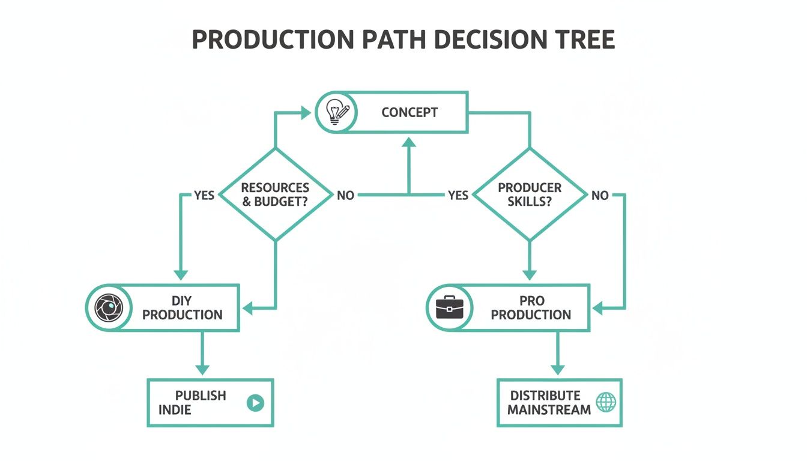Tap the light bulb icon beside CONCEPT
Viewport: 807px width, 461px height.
pyautogui.click(x=337, y=112)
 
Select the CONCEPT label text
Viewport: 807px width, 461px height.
pyautogui.click(x=410, y=112)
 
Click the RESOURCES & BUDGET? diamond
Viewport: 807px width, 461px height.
pyautogui.click(x=276, y=195)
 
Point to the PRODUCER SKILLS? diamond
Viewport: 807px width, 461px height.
pyautogui.click(x=529, y=195)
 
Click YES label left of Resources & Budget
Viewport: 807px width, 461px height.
pyautogui.click(x=204, y=196)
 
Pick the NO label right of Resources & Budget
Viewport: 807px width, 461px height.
pyautogui.click(x=345, y=196)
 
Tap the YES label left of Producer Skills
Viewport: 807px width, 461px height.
pyautogui.click(x=458, y=196)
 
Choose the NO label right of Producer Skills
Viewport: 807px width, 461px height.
pyautogui.click(x=600, y=196)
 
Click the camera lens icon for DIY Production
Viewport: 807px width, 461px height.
pyautogui.click(x=109, y=308)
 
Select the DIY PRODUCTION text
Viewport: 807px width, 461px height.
pyautogui.click(x=183, y=308)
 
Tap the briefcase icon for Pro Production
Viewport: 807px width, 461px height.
pyautogui.click(x=449, y=308)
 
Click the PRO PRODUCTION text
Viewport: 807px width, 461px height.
pyautogui.click(x=531, y=308)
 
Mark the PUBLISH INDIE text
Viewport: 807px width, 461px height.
pyautogui.click(x=192, y=403)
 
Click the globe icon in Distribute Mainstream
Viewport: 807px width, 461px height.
pyautogui.click(x=605, y=402)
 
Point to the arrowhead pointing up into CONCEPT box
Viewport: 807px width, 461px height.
pyautogui.click(x=409, y=142)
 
